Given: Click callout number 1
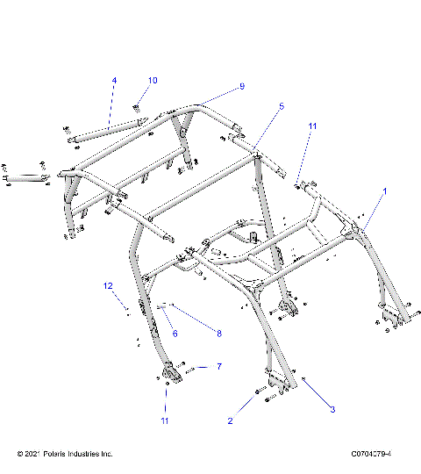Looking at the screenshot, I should tap(382, 190).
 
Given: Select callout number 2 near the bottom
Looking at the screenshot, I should tap(230, 421).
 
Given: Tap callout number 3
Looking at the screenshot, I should tap(332, 409).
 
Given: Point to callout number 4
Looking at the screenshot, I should tap(113, 81).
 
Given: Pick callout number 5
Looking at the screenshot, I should tap(257, 106).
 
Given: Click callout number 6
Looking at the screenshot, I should tap(175, 334).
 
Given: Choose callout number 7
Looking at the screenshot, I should tap(219, 366).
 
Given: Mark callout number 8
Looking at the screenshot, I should tap(219, 334).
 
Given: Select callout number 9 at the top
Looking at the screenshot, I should tap(242, 86).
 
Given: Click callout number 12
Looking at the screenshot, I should tap(109, 286).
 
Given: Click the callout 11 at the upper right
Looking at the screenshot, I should tap(311, 127).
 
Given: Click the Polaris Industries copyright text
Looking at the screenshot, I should tap(65, 454).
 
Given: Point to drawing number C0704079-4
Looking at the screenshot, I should tap(369, 454).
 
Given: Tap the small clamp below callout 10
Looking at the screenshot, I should tap(138, 108).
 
